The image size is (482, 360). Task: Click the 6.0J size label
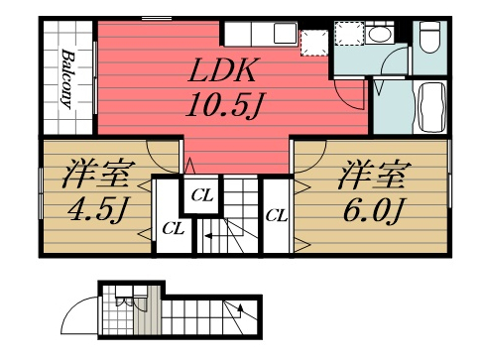point(373,211)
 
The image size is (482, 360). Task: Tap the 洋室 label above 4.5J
point(94,178)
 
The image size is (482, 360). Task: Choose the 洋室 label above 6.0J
point(373,178)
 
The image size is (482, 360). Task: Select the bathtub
point(432,108)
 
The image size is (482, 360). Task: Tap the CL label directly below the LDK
point(201,195)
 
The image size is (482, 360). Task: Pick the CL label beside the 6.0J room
point(276,214)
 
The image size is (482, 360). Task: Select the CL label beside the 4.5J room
point(173,229)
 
